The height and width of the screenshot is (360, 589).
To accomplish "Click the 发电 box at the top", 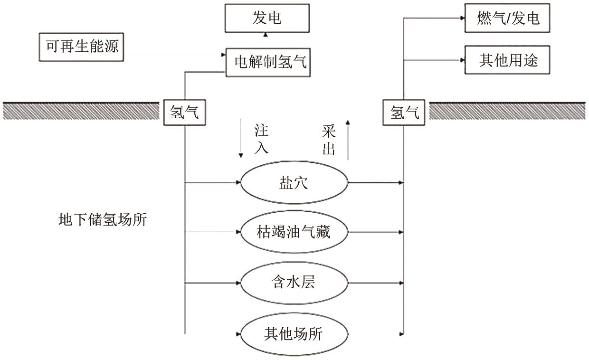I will pyautogui.click(x=266, y=19).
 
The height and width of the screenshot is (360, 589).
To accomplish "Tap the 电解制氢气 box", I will pyautogui.click(x=267, y=62).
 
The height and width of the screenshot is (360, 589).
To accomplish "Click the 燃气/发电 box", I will pyautogui.click(x=507, y=19).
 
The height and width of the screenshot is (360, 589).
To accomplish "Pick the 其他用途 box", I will pyautogui.click(x=507, y=60).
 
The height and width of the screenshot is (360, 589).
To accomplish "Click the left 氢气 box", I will pyautogui.click(x=184, y=113).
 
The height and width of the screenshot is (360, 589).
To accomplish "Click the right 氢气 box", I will pyautogui.click(x=404, y=113).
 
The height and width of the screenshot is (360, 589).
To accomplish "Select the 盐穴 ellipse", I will pyautogui.click(x=294, y=182).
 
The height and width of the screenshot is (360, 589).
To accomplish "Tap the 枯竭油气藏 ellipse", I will pyautogui.click(x=294, y=233).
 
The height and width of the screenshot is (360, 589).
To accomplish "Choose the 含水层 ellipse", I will pyautogui.click(x=294, y=283).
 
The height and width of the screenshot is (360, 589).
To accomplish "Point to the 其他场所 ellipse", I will pyautogui.click(x=294, y=333).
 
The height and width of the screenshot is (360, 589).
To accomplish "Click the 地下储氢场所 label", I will pyautogui.click(x=102, y=220).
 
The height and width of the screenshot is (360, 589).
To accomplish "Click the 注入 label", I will pyautogui.click(x=261, y=140).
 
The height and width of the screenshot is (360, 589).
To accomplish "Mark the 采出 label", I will pyautogui.click(x=329, y=141).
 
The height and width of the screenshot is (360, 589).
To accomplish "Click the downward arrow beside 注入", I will pyautogui.click(x=241, y=141).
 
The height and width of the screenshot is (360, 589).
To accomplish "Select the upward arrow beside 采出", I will pyautogui.click(x=348, y=140).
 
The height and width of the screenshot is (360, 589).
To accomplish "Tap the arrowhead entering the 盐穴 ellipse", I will pyautogui.click(x=238, y=182).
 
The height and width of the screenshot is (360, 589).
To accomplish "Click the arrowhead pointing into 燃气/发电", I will pyautogui.click(x=462, y=19).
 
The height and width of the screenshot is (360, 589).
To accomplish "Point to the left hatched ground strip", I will pyautogui.click(x=81, y=111).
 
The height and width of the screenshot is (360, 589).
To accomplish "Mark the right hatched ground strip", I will pyautogui.click(x=507, y=111).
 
